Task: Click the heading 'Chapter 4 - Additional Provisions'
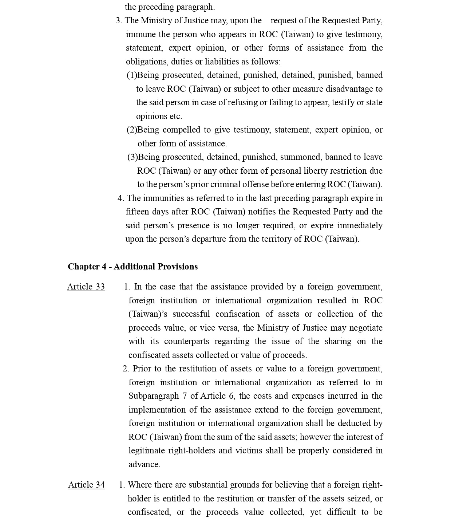(x=132, y=267)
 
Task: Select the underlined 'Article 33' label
(x=86, y=287)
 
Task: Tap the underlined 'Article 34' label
(x=86, y=485)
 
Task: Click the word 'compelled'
(x=182, y=130)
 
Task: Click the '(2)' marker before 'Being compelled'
(x=132, y=130)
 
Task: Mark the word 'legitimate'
(x=146, y=451)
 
